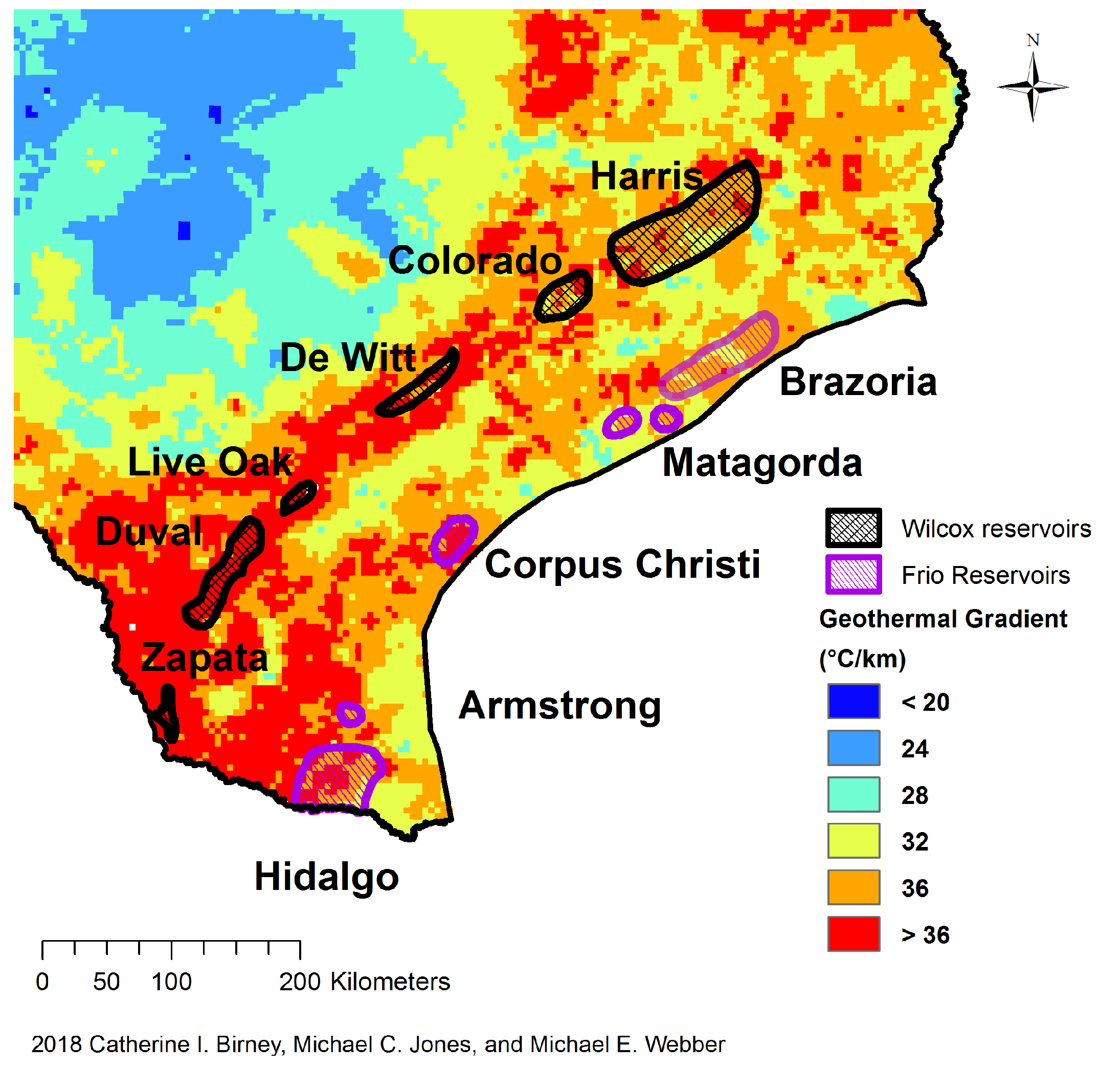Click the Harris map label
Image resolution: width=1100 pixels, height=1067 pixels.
(x=646, y=177)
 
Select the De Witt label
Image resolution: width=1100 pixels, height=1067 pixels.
(x=348, y=358)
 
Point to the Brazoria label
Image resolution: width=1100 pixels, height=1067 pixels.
(x=858, y=382)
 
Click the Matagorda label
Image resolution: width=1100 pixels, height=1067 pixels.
(x=762, y=463)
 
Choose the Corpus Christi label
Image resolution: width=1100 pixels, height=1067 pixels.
(x=622, y=565)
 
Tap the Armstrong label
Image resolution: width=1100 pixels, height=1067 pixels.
(x=559, y=706)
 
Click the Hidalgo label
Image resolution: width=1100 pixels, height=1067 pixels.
(x=327, y=877)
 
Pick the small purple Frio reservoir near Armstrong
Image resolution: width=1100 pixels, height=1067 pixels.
(x=351, y=714)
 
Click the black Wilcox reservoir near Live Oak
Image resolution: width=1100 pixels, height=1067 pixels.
(x=299, y=497)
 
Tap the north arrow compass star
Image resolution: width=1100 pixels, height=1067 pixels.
(x=1032, y=87)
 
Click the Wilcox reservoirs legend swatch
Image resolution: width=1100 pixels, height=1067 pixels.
(x=853, y=528)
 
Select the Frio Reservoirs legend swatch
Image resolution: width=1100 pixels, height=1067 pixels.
(x=853, y=575)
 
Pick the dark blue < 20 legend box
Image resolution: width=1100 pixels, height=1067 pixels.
(x=853, y=702)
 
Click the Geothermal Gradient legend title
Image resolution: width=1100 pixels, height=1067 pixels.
(x=943, y=619)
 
